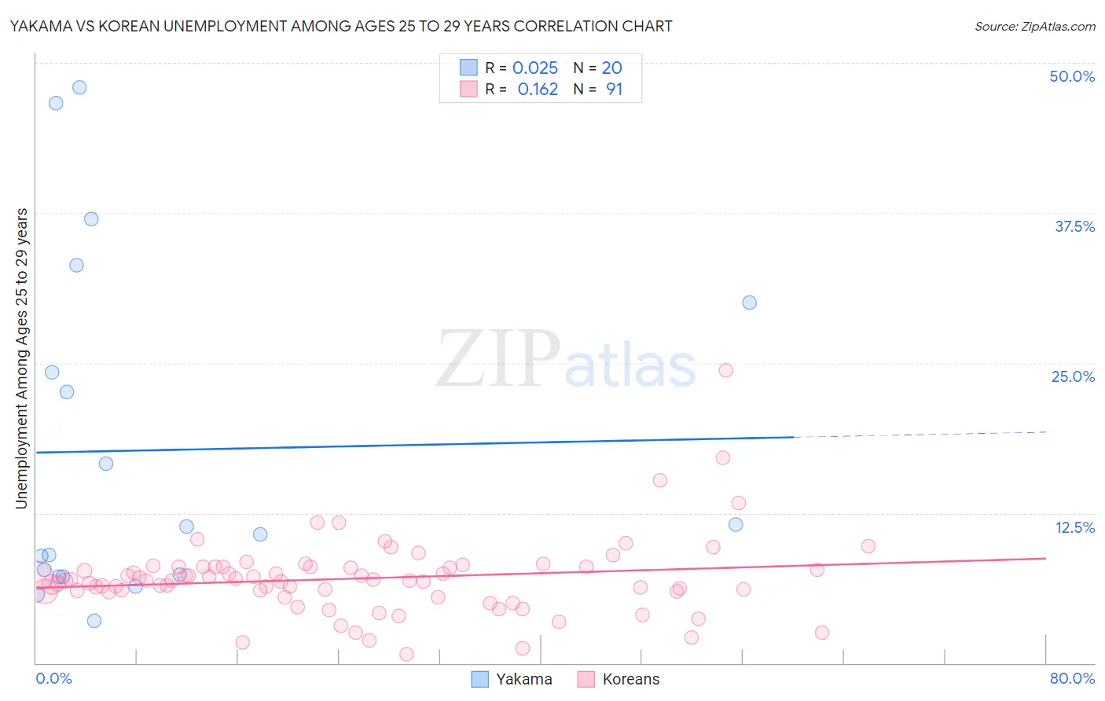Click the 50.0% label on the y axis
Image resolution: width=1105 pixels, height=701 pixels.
[x=1072, y=76]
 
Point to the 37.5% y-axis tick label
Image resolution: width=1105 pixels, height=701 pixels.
[x=1074, y=226]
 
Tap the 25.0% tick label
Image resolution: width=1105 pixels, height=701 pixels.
[x=1073, y=376]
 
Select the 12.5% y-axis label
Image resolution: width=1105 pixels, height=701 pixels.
[x=1074, y=527]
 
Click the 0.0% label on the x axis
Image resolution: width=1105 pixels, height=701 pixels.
[x=53, y=678]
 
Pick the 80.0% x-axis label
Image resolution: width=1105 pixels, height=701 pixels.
[x=1072, y=678]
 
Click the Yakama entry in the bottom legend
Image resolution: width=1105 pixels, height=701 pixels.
[x=523, y=679]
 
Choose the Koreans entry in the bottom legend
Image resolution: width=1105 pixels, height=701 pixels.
[x=630, y=679]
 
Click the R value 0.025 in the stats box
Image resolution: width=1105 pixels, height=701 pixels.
[x=534, y=68]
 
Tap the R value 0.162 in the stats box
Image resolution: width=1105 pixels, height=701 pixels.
[x=538, y=90]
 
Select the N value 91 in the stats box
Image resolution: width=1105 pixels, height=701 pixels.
[x=614, y=90]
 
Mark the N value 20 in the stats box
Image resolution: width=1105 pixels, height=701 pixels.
[x=611, y=68]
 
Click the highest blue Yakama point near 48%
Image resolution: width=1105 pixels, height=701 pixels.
[x=79, y=87]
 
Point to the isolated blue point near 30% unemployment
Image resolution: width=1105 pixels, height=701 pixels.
[x=750, y=303]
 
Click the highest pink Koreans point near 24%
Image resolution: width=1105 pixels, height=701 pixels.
[x=726, y=370]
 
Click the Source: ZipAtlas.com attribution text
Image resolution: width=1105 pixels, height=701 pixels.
[x=1034, y=27]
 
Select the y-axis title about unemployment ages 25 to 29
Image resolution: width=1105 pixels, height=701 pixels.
[x=22, y=358]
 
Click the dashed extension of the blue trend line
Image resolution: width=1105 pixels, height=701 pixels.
[x=920, y=434]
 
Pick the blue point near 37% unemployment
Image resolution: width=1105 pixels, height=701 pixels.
[x=91, y=219]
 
